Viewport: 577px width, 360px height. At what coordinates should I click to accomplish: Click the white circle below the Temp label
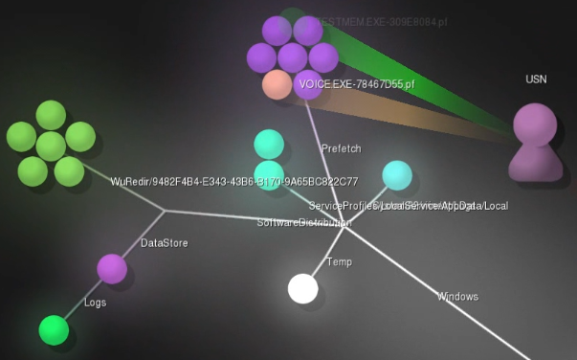coord(303,288)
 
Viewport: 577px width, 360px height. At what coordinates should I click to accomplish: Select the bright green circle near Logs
coord(54,329)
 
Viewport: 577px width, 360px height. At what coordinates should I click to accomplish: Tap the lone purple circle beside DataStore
coord(112,269)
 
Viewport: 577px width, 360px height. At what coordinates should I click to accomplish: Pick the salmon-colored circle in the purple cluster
coord(277,84)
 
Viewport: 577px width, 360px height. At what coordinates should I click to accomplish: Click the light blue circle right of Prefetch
coord(397,175)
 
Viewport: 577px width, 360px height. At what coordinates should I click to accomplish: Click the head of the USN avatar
coord(535,124)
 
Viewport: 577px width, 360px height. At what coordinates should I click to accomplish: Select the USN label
coord(536,79)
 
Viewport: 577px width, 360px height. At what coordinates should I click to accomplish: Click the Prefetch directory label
coord(342,148)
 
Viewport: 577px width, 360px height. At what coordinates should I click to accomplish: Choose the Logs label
coord(95,303)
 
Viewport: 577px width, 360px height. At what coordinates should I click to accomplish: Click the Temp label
coord(339,262)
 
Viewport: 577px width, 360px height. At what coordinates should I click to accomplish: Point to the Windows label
coord(457,297)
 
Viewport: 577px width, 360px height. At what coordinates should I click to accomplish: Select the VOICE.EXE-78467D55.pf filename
coord(356,85)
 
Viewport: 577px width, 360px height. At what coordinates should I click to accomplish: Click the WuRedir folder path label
coord(233,182)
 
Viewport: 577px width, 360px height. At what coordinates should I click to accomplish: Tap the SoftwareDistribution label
coord(301,223)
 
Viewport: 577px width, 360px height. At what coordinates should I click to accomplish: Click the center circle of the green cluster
coord(51,146)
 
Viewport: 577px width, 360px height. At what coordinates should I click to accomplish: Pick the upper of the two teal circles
coord(269,144)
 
